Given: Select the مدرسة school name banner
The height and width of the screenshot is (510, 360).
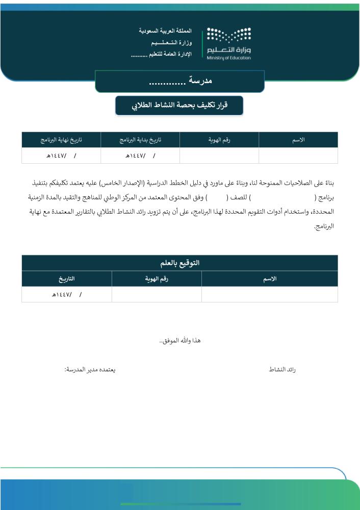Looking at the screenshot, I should point(179,82).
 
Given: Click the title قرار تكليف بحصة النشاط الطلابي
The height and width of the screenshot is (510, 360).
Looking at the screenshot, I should point(179,106).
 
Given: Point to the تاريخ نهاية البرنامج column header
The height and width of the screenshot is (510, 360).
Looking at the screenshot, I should point(61,140).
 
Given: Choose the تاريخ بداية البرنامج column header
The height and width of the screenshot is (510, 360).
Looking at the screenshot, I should point(140,140).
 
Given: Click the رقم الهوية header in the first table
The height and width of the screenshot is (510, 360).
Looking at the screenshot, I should point(219,140).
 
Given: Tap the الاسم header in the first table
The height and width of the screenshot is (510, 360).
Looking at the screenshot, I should point(298,140).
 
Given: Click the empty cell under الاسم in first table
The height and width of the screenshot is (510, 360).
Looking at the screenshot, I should point(298,155).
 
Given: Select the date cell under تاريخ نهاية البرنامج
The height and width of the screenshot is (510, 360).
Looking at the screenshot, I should point(61,155).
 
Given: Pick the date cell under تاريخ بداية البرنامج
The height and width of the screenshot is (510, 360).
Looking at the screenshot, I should point(140,155).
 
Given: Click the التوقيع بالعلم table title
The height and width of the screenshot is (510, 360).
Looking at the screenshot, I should point(179,263).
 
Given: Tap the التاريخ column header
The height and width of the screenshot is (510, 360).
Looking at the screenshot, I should point(67,278).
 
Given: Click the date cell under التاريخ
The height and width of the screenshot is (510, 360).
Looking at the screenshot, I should point(67,294).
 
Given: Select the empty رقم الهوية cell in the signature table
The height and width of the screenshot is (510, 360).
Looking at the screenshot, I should point(157,294).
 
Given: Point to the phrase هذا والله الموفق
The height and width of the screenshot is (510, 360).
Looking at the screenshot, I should point(180,340).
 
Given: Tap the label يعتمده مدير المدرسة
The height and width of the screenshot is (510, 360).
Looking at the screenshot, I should point(90,369).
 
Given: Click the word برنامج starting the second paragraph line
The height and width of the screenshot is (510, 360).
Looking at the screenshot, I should point(325,196).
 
